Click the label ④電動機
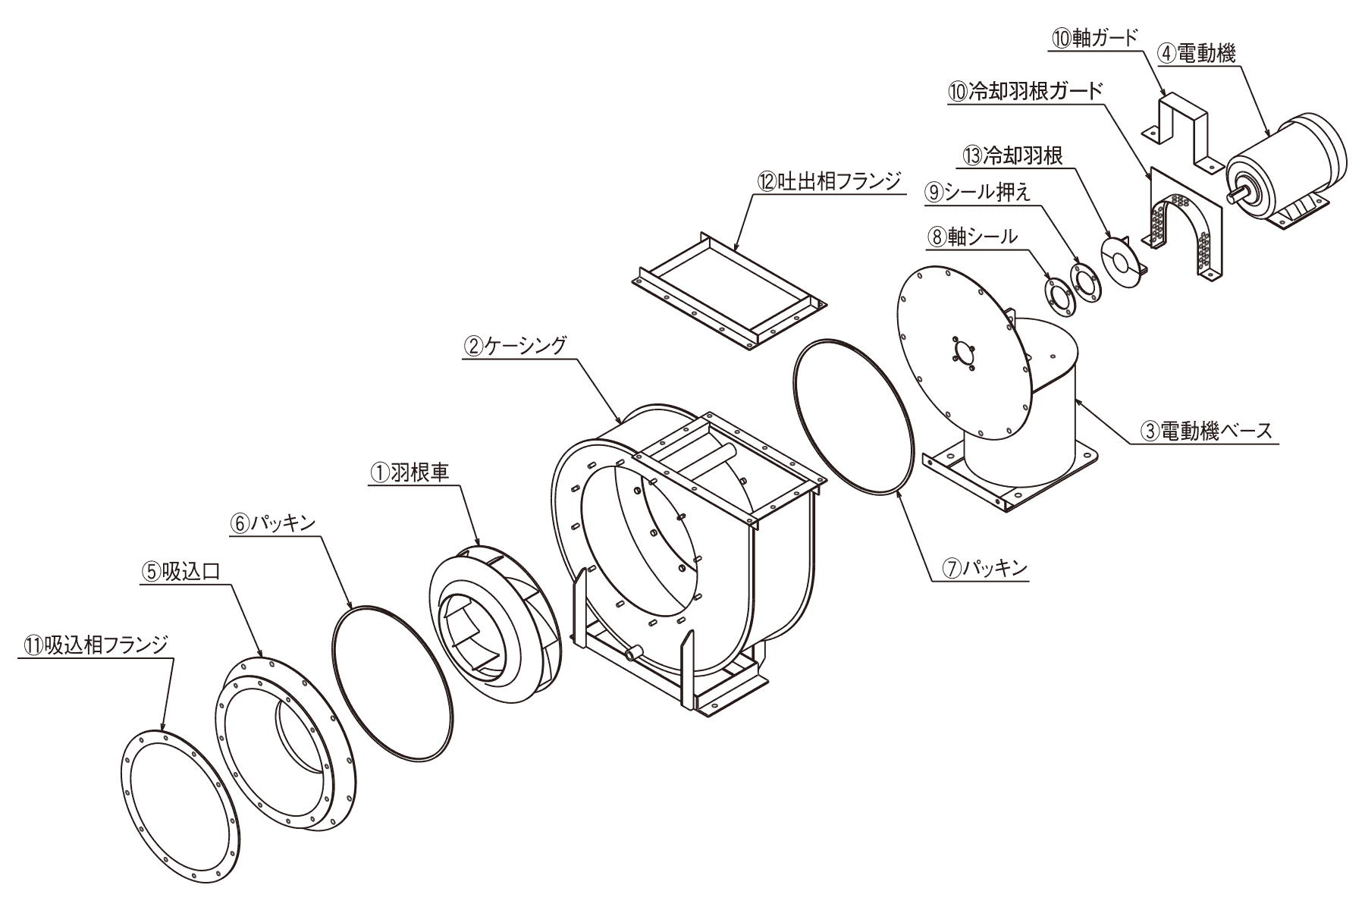tap(1196, 53)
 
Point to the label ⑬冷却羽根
tap(1012, 156)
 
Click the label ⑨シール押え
tap(977, 193)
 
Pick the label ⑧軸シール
tap(971, 237)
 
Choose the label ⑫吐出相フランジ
tap(828, 181)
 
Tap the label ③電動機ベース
tap(1207, 432)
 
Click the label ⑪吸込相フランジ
tap(94, 645)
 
